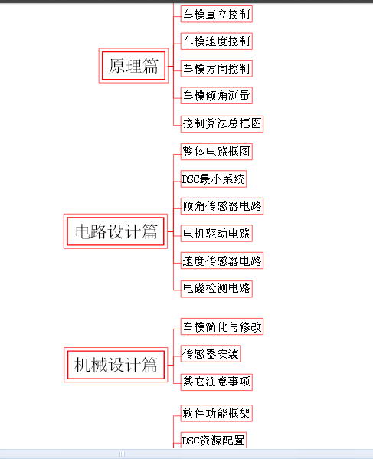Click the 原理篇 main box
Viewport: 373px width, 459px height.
133,66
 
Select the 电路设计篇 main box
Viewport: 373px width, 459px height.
116,231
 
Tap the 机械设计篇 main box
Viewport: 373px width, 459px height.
116,365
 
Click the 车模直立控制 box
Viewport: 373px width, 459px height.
217,14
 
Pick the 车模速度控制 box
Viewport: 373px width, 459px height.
217,41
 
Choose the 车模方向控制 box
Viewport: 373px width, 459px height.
217,68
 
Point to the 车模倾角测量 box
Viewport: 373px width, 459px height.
217,96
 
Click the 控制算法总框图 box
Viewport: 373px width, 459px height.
222,124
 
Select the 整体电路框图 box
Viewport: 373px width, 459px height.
217,152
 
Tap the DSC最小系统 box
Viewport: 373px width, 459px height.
214,179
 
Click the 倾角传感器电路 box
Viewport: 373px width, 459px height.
222,206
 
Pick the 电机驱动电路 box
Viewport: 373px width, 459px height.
217,233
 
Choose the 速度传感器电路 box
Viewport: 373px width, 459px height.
222,261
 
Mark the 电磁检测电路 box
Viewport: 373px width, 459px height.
217,289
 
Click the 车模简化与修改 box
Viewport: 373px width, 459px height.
222,326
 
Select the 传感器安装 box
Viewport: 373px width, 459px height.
211,353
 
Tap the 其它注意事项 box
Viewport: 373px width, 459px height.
217,382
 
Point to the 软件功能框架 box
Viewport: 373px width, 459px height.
217,413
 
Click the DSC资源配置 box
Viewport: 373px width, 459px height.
214,440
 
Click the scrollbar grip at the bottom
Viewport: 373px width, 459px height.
122,454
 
